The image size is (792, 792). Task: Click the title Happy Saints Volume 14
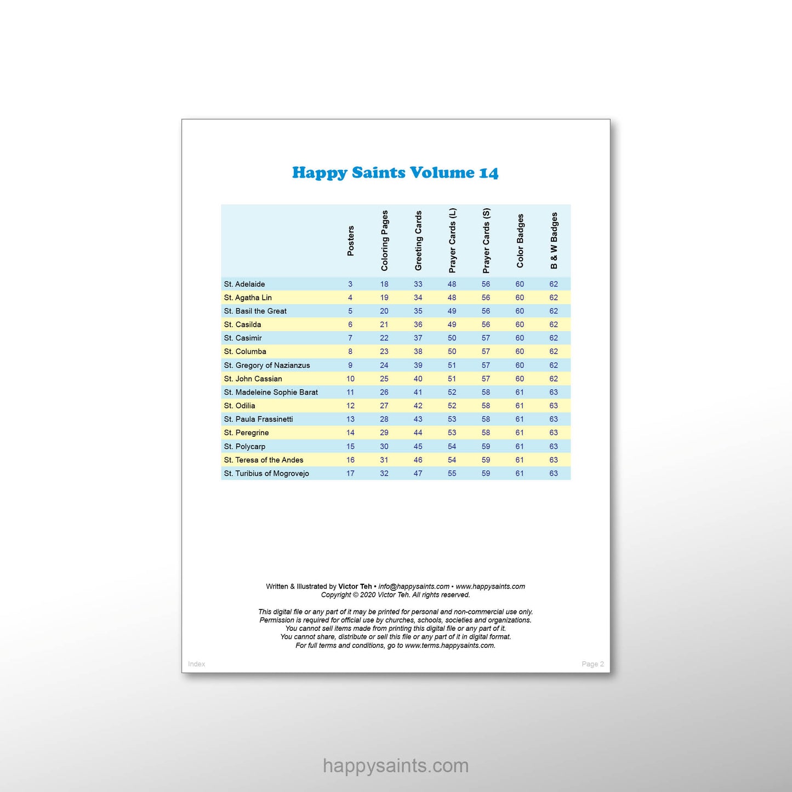pos(395,173)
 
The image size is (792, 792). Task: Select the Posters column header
pos(351,241)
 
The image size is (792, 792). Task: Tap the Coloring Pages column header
pos(384,241)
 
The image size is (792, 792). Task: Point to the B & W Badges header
pos(554,241)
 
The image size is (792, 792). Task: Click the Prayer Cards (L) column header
pos(452,241)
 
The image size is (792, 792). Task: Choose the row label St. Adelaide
pos(244,284)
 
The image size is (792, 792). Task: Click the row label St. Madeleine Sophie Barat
pos(271,392)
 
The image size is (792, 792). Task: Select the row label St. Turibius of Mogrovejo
pos(266,473)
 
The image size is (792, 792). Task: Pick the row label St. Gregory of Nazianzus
pos(267,365)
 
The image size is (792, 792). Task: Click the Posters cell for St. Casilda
pos(350,324)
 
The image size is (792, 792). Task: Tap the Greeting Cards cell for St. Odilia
pos(418,406)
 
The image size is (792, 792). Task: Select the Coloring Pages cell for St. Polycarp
pos(384,446)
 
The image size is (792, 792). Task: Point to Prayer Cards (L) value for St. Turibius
pos(452,473)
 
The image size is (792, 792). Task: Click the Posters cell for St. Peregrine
pos(350,432)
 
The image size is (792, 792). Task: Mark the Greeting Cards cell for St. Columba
pos(418,351)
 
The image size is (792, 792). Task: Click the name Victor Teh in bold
pos(355,586)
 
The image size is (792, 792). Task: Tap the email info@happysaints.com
pos(414,586)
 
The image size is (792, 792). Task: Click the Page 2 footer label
pos(592,664)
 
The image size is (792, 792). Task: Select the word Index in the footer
pos(197,664)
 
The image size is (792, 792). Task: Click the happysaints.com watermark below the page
pos(396,765)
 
